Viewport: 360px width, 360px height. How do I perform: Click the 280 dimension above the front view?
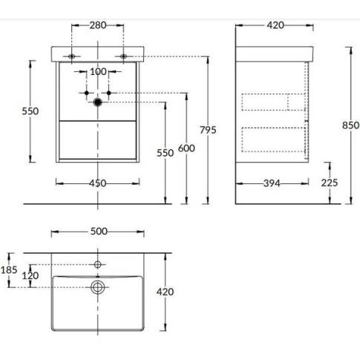point(97,25)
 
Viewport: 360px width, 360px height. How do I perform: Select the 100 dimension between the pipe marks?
point(97,72)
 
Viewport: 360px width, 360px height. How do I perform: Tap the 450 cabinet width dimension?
point(97,183)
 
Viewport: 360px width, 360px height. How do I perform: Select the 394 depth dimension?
point(271,183)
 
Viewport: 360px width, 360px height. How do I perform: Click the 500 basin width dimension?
point(97,232)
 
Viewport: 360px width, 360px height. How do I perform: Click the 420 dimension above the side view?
point(275,25)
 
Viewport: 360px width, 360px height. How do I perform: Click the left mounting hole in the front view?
point(72,56)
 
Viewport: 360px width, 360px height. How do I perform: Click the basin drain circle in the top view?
point(97,287)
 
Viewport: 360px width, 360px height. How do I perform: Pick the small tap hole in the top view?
point(97,264)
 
